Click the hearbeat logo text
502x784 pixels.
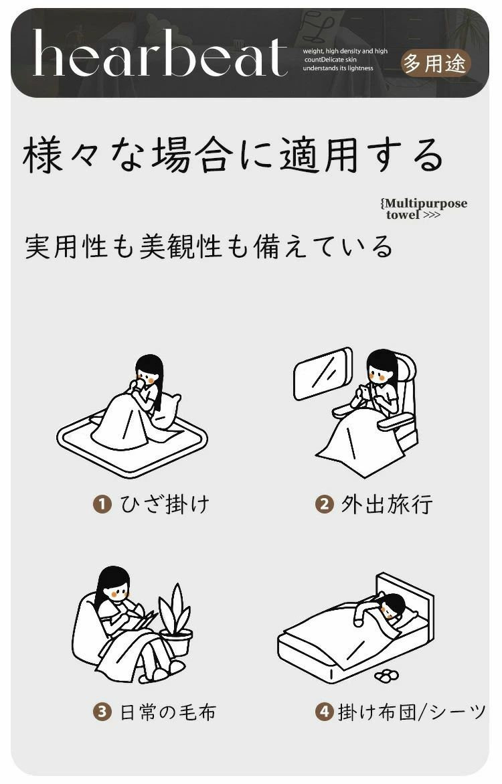(x=160, y=53)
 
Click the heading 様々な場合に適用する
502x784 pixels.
(x=233, y=155)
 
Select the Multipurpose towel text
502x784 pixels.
(x=424, y=209)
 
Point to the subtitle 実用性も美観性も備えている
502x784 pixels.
(x=209, y=246)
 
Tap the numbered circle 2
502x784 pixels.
(x=324, y=503)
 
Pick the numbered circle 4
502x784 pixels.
(x=324, y=712)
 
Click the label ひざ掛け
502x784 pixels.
(x=165, y=504)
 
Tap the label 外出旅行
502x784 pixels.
(x=386, y=504)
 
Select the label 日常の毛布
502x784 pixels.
(x=168, y=712)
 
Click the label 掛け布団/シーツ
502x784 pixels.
(x=412, y=712)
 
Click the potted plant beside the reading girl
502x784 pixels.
(x=175, y=620)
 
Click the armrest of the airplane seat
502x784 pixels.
(x=396, y=422)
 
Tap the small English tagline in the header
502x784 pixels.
(x=345, y=60)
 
